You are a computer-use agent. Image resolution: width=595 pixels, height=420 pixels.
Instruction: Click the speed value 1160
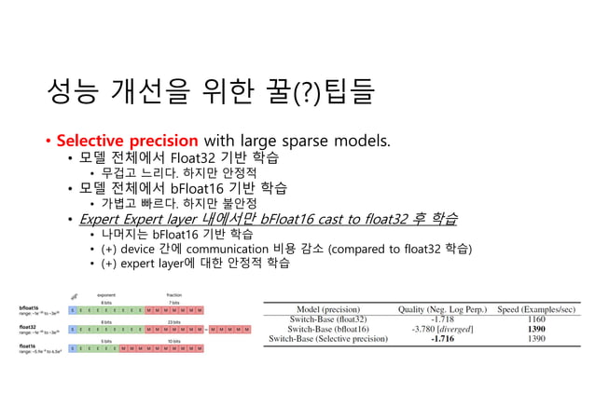pos(536,318)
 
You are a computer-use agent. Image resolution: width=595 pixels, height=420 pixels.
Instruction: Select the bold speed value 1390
pos(536,329)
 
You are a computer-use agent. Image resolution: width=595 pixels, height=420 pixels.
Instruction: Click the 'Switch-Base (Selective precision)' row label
pos(326,340)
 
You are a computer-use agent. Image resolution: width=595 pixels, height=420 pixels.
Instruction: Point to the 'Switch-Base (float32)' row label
pos(326,318)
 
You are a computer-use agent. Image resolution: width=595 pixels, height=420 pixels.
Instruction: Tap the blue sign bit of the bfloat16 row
pos(74,308)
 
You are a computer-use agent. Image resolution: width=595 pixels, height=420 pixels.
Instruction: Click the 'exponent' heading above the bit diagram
pos(105,295)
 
